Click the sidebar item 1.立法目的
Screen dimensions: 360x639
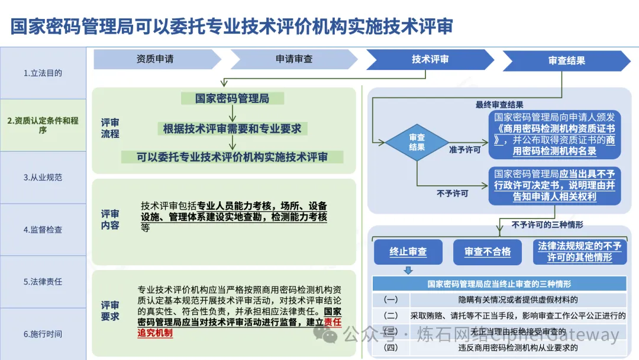pos(43,73)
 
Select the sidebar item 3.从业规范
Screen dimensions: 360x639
pos(43,177)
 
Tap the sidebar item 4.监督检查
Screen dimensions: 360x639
pos(43,229)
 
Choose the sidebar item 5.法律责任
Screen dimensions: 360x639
pos(43,281)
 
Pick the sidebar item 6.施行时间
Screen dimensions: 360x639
pos(43,334)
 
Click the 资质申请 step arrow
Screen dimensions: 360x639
pos(155,59)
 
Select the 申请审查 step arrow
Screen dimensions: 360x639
pos(294,59)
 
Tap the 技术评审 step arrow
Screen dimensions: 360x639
pos(430,59)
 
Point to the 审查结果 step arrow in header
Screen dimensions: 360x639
pos(566,60)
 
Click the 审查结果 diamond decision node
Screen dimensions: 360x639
pos(417,142)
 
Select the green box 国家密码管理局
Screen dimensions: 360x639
pos(232,98)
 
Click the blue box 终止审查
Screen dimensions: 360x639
pos(408,252)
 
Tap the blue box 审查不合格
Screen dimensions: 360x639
pos(487,252)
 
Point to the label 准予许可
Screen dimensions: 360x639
pos(464,150)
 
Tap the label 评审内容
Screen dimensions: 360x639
pos(110,219)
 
